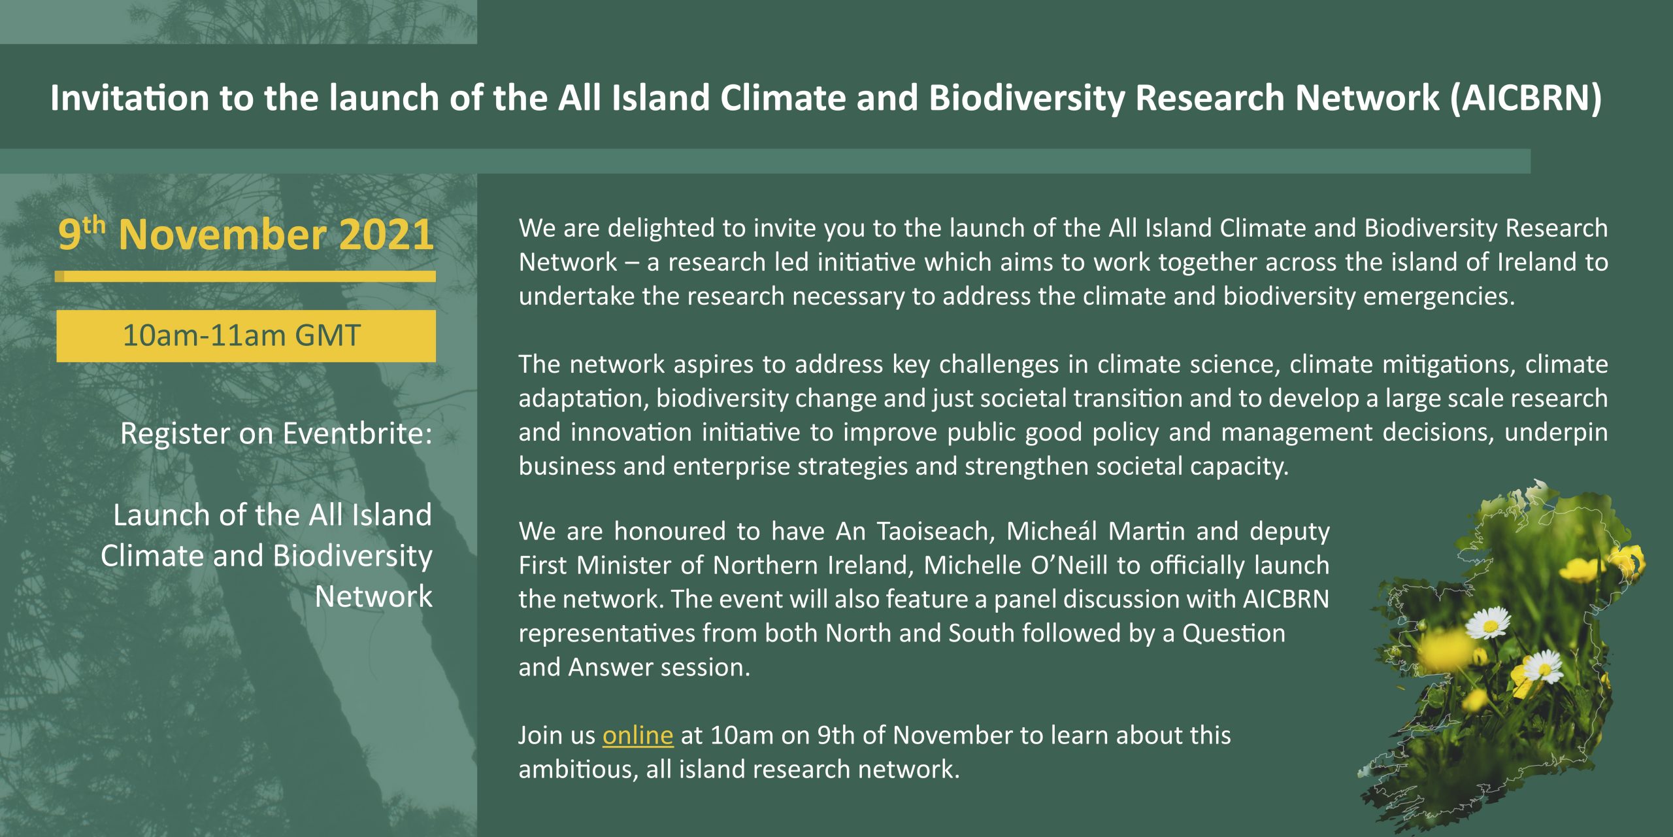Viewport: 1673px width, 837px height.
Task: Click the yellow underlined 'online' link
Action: (637, 735)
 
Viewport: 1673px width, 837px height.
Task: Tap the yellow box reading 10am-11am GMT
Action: (246, 335)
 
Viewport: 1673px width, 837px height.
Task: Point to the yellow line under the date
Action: (245, 277)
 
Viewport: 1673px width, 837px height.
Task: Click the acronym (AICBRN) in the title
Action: (1526, 98)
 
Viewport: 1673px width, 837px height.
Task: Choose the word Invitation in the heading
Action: (129, 98)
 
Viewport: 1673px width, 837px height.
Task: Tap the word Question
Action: (1234, 633)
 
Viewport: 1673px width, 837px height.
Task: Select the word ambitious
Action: (578, 770)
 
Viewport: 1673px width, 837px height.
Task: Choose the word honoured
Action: (669, 531)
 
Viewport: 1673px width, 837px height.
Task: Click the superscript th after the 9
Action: (93, 225)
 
